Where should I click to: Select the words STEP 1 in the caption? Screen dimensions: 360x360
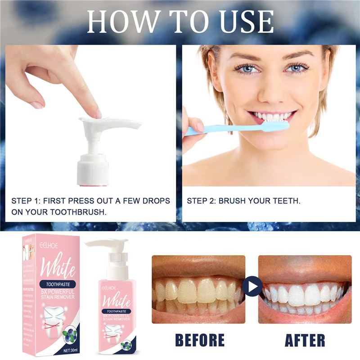click(25, 201)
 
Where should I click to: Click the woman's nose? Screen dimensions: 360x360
click(271, 88)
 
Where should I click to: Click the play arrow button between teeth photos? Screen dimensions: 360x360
click(252, 286)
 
